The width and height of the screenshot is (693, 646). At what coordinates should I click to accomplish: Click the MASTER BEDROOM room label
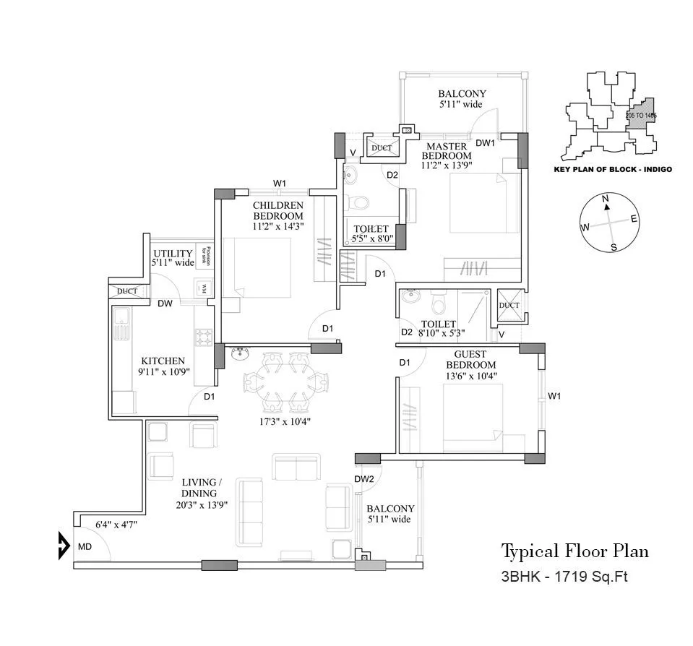[x=446, y=151]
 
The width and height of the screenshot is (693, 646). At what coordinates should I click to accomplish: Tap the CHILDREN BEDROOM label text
[x=277, y=211]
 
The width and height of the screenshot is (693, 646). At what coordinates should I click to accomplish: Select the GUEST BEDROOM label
[x=474, y=360]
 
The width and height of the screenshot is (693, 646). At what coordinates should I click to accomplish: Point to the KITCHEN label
[x=163, y=361]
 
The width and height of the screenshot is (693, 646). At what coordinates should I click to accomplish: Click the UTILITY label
[x=173, y=254]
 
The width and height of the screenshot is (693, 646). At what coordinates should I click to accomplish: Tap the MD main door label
[x=85, y=547]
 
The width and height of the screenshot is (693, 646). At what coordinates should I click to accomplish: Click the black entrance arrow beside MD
[x=64, y=545]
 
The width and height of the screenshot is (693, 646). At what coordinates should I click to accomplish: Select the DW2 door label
[x=363, y=479]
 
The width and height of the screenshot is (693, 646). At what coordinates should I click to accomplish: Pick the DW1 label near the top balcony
[x=484, y=142]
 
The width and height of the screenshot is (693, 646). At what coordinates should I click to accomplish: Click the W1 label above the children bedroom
[x=280, y=183]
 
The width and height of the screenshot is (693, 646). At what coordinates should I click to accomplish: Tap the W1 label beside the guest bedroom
[x=555, y=396]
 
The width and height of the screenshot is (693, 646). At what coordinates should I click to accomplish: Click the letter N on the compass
[x=606, y=198]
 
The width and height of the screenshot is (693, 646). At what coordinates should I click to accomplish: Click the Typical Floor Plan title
[x=574, y=551]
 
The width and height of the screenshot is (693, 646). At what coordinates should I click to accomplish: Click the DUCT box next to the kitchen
[x=127, y=291]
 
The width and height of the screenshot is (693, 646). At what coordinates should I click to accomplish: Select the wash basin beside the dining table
[x=240, y=353]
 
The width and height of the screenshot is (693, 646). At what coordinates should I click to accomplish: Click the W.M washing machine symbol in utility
[x=205, y=288]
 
